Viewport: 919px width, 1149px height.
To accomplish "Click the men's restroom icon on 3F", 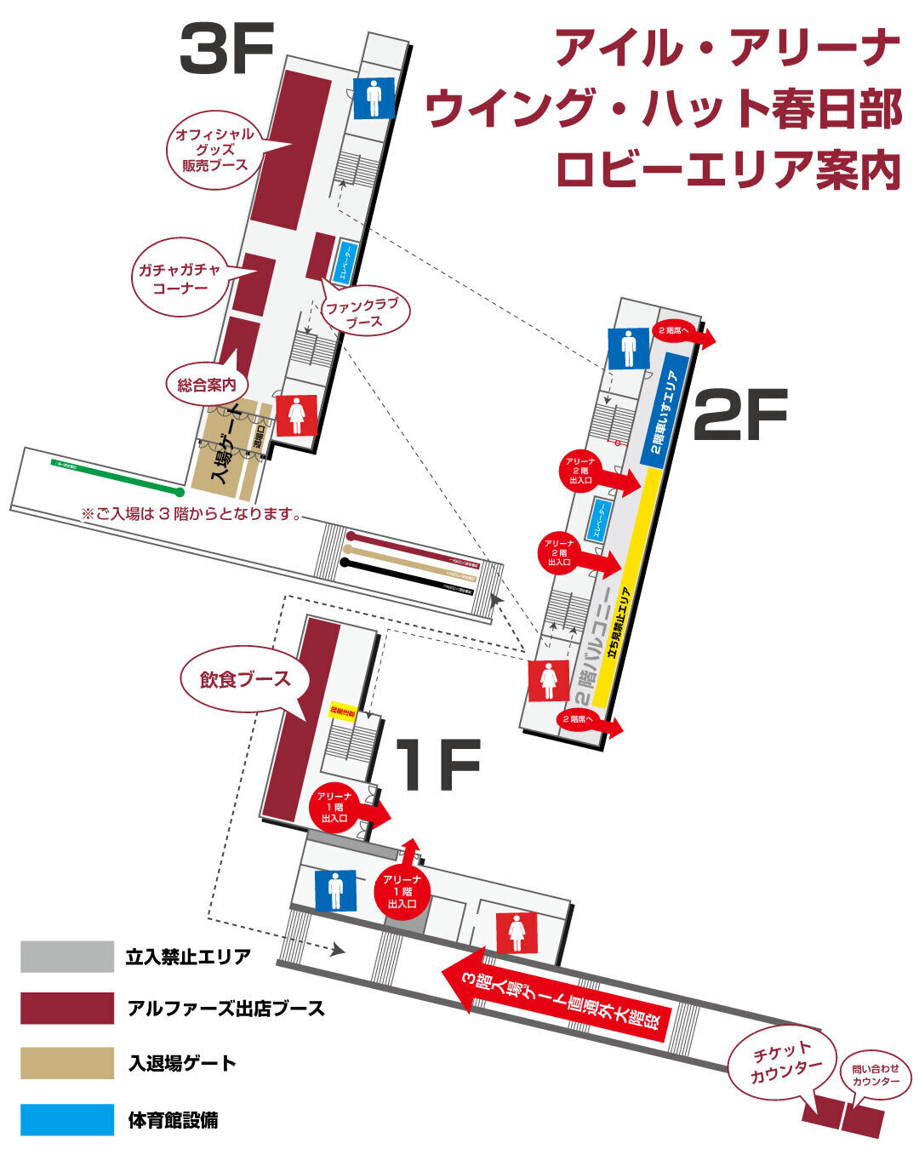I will (x=374, y=98).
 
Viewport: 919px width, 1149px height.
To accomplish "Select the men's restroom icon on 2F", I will (x=629, y=347).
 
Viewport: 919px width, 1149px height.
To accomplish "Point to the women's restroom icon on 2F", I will (x=550, y=680).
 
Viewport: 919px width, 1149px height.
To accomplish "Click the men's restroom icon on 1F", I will (x=335, y=889).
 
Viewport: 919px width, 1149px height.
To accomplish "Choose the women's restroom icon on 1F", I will (x=517, y=932).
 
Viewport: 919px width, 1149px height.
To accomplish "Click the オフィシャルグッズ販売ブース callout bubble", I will (x=214, y=149).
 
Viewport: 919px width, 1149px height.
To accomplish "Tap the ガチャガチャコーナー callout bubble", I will (x=180, y=278).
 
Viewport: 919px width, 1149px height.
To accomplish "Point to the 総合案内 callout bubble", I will (x=207, y=385).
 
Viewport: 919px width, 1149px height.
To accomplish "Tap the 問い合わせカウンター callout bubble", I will (x=875, y=1074).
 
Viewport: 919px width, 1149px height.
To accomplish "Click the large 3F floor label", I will (x=226, y=49).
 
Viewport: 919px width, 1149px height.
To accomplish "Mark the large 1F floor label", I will (x=439, y=764).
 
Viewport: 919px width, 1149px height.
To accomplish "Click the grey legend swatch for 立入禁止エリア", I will (x=67, y=957).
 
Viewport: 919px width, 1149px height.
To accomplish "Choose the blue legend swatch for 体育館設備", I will (x=67, y=1119).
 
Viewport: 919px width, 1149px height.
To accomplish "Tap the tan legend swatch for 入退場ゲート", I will (x=67, y=1063).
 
